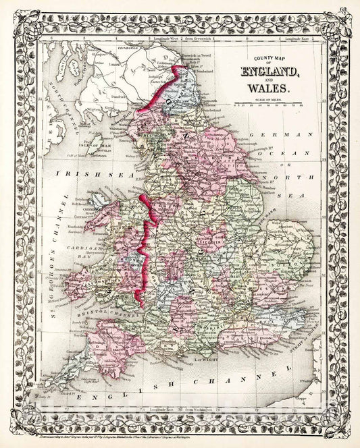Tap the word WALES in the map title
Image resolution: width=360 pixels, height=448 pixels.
click(268, 88)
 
